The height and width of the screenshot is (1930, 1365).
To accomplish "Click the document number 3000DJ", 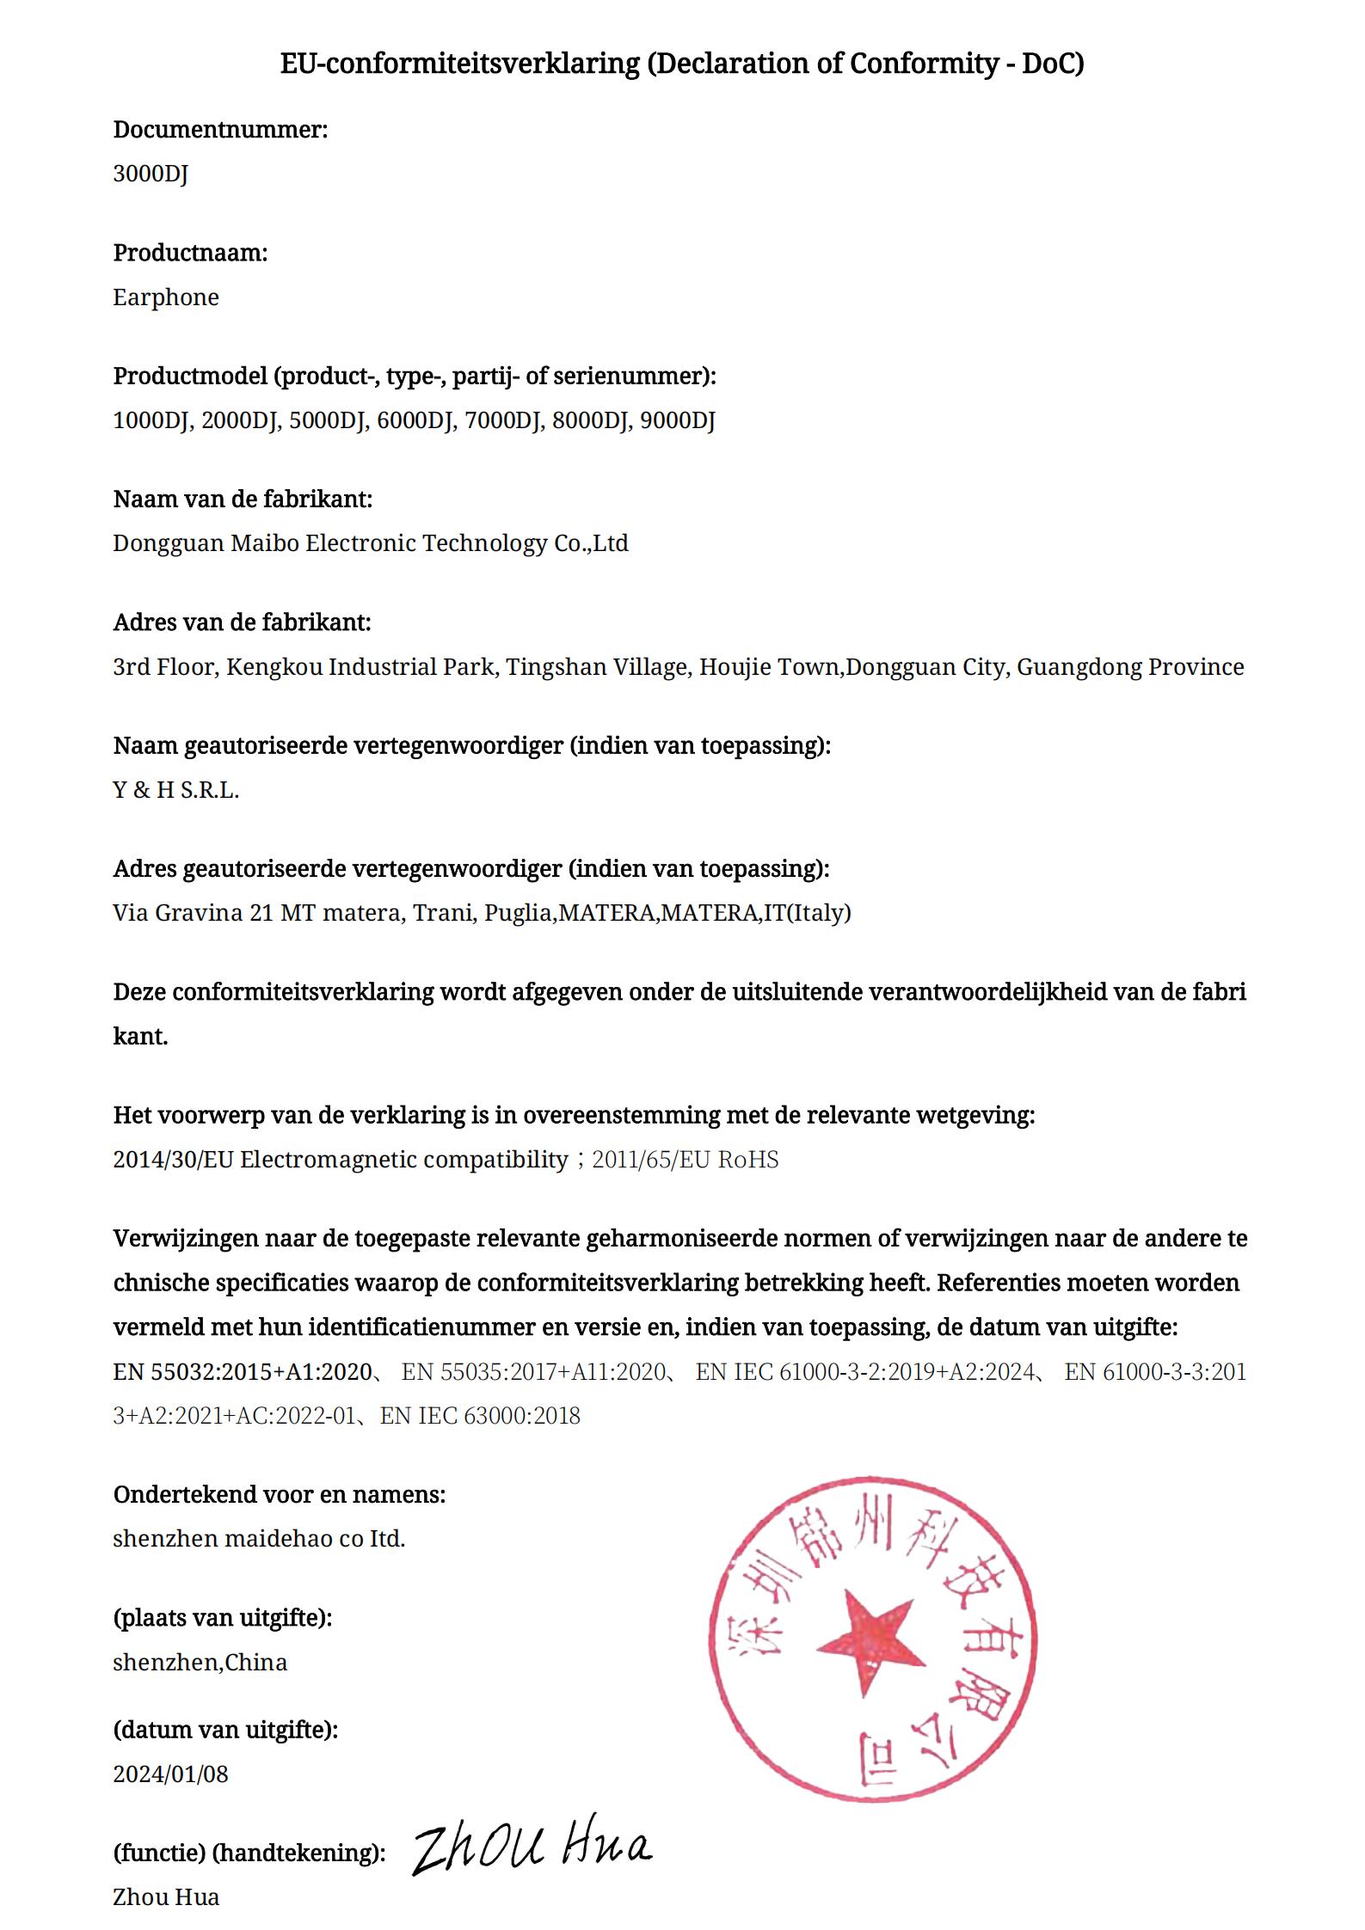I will click(151, 175).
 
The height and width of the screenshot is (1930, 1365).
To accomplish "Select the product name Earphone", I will click(166, 297).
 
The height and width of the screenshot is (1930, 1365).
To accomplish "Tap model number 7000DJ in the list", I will click(503, 420).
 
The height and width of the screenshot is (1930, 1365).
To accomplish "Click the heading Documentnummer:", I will click(220, 130).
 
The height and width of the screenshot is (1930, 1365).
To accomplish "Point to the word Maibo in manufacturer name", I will click(264, 543).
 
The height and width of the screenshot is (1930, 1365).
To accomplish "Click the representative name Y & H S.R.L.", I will click(175, 790).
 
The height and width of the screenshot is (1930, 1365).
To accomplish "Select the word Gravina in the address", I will click(200, 913).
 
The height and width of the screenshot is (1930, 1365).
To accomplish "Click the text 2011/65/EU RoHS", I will click(686, 1160).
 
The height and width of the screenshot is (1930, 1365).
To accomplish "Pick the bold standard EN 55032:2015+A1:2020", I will click(243, 1372).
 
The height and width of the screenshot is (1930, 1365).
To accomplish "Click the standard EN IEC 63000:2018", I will click(480, 1416).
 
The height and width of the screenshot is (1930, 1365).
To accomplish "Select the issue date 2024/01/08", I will click(170, 1774).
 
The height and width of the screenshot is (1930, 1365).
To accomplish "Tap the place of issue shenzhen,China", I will click(200, 1663).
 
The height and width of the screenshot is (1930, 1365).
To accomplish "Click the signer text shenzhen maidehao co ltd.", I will click(258, 1539).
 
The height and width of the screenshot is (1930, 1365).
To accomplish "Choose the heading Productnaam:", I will click(190, 253).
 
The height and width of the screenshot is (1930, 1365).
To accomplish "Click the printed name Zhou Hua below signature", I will click(166, 1897).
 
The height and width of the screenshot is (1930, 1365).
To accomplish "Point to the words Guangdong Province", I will click(1130, 667).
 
